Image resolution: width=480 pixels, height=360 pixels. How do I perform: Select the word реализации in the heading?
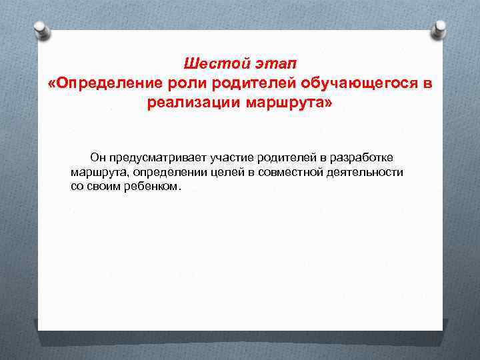[x=193, y=103]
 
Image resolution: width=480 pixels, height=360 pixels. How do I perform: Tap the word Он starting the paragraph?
[x=98, y=157]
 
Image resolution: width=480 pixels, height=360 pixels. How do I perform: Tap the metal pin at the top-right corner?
[x=440, y=28]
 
